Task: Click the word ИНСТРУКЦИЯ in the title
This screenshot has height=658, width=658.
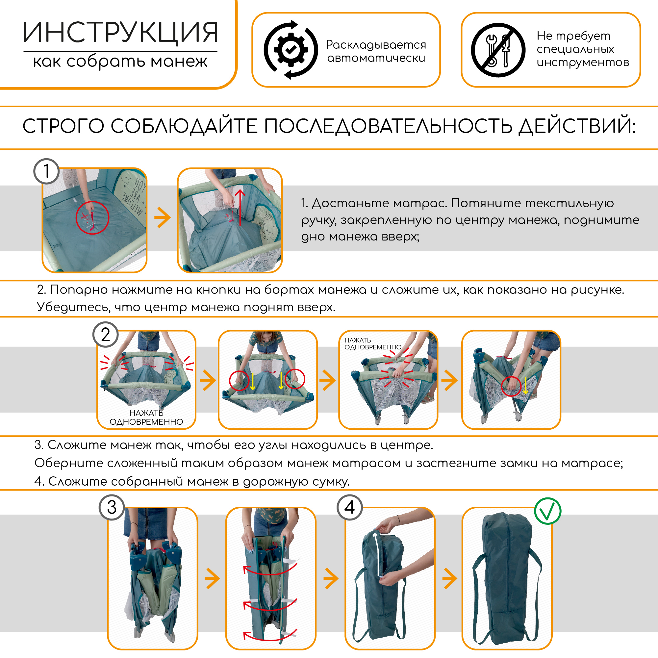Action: tap(120, 33)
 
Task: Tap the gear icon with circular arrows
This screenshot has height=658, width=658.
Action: tap(291, 50)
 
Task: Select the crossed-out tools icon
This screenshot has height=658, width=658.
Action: tap(498, 50)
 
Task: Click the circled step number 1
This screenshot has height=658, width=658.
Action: tap(47, 171)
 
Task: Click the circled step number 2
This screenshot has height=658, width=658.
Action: tap(106, 335)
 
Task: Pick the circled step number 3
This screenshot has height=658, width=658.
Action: tap(112, 507)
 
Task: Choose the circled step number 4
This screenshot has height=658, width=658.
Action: tap(349, 507)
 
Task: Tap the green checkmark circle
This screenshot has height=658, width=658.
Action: tap(547, 511)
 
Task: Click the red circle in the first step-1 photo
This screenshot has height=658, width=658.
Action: tap(92, 217)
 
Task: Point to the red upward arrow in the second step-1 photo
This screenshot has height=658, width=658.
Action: tap(240, 207)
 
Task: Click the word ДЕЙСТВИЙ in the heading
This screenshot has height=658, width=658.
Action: tap(577, 126)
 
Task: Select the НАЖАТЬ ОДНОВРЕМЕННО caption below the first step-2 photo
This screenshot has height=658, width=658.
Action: tap(146, 417)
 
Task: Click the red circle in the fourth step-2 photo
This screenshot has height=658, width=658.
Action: tap(512, 386)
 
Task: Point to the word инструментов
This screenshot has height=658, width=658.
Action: tap(583, 62)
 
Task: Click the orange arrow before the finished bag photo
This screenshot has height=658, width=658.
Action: tap(450, 578)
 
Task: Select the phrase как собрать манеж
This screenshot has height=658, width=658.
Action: tap(120, 62)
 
